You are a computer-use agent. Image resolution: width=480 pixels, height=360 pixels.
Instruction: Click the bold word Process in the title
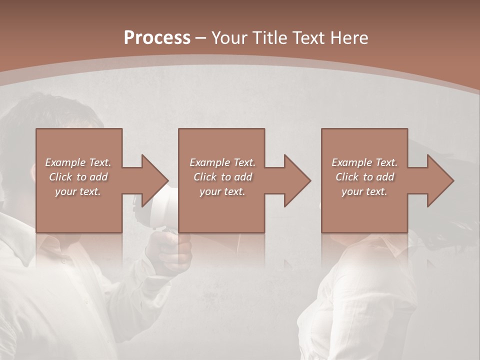tap(157, 38)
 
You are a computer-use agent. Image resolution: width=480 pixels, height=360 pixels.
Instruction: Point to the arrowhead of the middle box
tap(297, 180)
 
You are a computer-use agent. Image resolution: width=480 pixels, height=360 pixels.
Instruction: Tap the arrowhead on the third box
tap(440, 180)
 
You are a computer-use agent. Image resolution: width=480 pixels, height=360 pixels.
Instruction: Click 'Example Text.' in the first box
tap(78, 162)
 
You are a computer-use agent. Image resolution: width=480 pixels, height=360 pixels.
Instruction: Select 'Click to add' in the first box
tap(78, 177)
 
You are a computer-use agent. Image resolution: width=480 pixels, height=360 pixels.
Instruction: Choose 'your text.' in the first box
tap(78, 191)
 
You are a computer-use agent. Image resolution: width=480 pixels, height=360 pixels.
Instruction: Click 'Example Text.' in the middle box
tap(222, 162)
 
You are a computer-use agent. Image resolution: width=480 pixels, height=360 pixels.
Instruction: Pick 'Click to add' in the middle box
tap(222, 177)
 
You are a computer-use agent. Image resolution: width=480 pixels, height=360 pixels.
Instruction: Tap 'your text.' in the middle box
tap(222, 191)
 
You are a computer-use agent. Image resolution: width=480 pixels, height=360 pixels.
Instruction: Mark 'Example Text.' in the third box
tap(364, 162)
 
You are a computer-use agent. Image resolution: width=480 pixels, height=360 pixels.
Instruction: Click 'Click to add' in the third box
tap(364, 177)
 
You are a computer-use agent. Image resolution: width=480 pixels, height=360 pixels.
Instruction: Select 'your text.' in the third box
tap(364, 191)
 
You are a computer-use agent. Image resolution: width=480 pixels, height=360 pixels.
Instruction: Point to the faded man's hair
tap(45, 110)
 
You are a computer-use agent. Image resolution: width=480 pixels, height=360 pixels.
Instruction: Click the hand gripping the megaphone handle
tap(172, 250)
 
